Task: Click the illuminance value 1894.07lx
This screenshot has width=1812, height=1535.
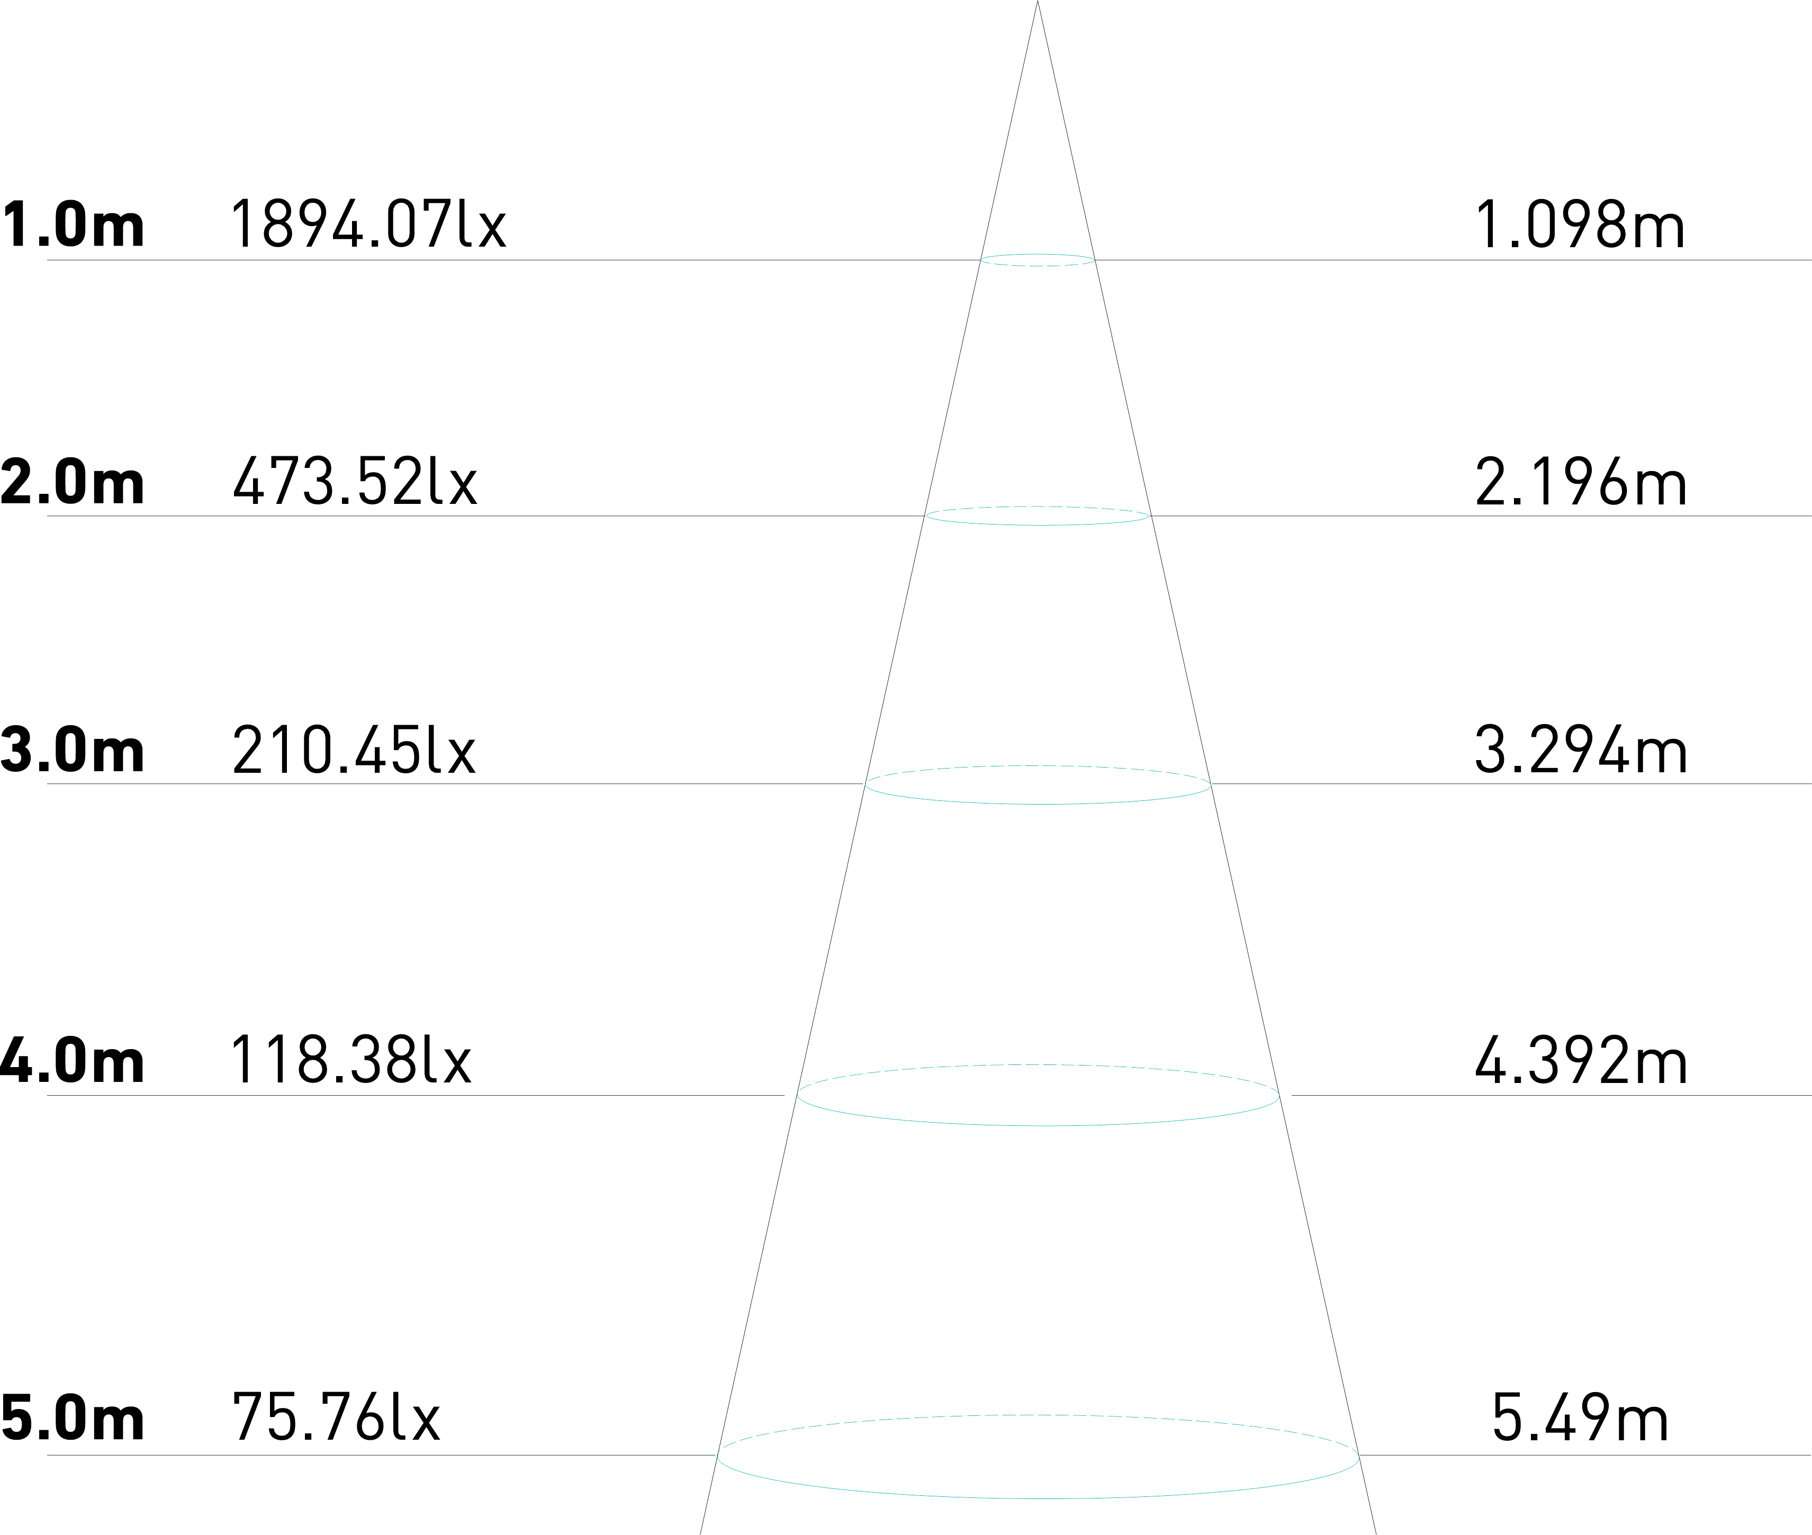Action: click(x=367, y=224)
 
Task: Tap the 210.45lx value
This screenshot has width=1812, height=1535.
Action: click(x=354, y=750)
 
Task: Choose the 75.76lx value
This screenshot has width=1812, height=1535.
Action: click(x=336, y=1419)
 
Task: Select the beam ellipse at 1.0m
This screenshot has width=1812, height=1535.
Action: click(x=1038, y=265)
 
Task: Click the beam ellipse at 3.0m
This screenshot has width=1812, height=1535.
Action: click(x=1038, y=803)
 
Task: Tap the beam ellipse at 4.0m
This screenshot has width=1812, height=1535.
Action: click(x=1038, y=1125)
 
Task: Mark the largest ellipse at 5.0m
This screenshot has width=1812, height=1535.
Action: click(x=1038, y=1497)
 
